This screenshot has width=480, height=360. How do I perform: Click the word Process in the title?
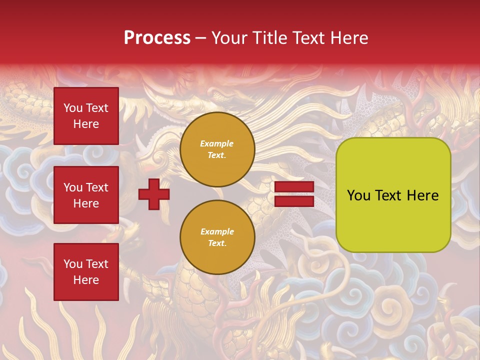coord(157,38)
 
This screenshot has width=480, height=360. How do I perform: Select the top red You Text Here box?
coord(86,116)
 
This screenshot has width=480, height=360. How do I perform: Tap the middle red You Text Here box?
coord(86,195)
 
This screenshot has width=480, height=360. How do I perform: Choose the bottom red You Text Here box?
coord(86,271)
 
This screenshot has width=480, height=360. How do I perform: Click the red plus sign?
coord(154,194)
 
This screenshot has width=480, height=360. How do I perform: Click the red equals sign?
coord(294,194)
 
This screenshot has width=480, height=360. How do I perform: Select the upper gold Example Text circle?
coord(217,149)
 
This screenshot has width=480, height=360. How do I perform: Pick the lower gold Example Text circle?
coord(217,237)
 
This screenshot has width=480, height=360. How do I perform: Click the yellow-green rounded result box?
coord(393,195)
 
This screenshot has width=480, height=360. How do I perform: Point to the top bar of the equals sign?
coord(294,187)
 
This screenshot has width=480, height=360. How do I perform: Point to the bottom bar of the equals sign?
coord(294,201)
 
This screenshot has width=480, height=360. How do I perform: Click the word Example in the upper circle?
coord(217,144)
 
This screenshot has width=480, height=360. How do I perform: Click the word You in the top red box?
coord(73,108)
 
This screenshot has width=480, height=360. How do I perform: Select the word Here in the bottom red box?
coord(86,280)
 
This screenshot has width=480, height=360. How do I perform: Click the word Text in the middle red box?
coord(97,187)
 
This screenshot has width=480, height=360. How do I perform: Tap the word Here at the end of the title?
coord(350,38)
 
